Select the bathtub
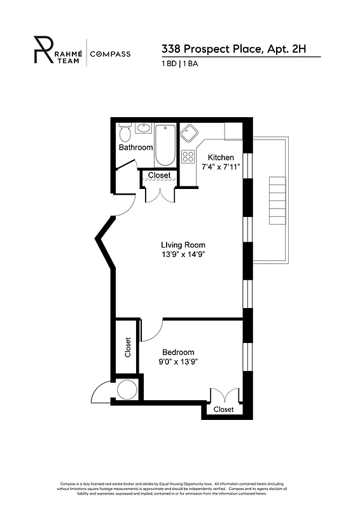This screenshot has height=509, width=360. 165,144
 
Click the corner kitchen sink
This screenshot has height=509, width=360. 188,134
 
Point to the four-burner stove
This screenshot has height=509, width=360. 188,156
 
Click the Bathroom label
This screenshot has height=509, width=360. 135,148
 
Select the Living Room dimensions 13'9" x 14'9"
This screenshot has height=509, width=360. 183,254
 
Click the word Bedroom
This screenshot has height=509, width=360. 178,352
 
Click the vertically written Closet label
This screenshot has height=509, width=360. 128,347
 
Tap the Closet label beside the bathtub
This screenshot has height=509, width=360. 159,175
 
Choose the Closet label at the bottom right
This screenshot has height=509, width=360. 223,409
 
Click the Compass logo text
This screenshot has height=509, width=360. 110,54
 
